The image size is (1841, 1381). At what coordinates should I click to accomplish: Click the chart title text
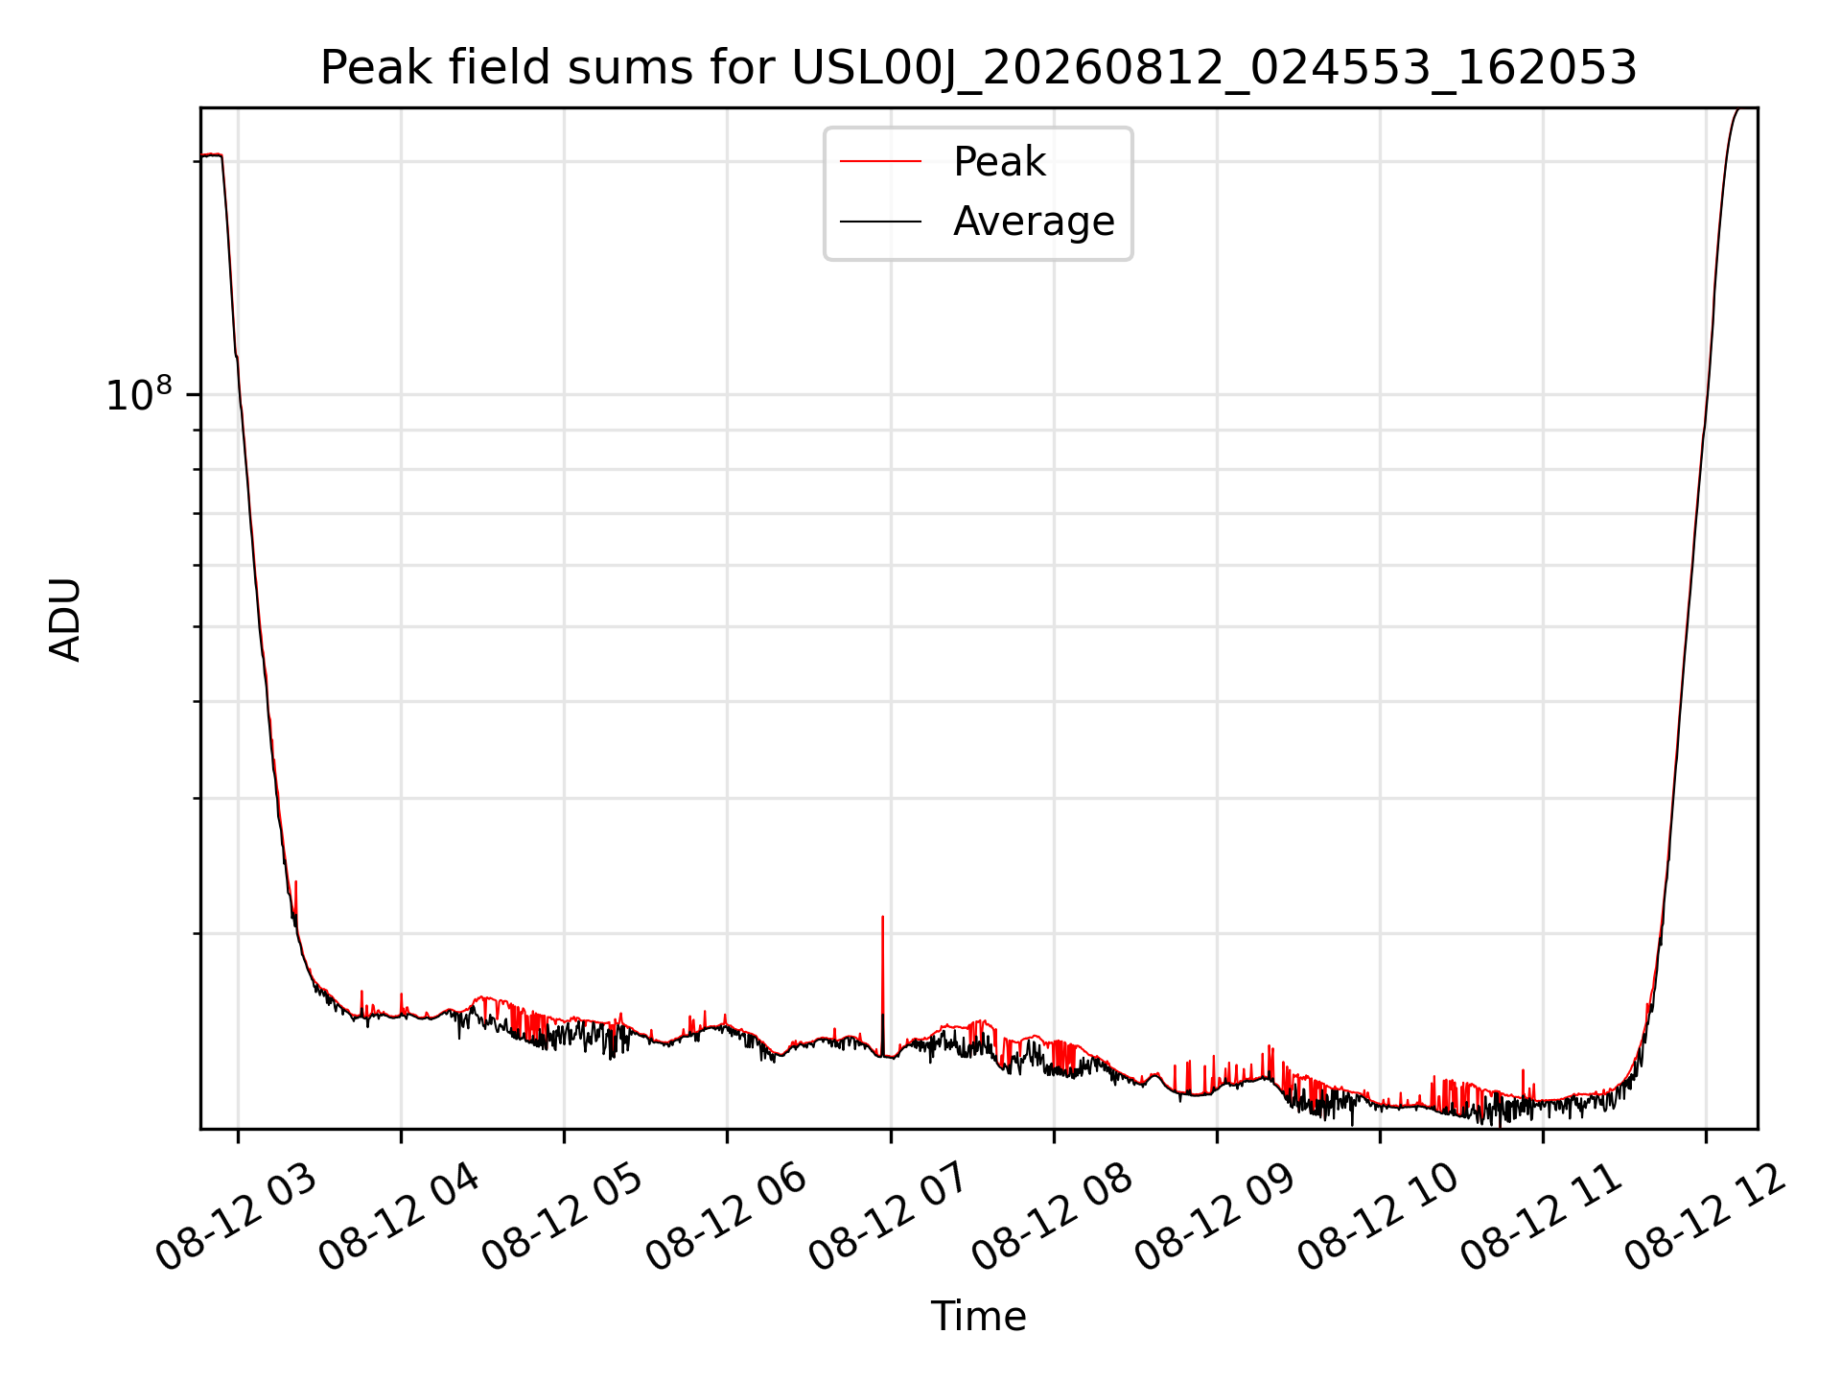[978, 68]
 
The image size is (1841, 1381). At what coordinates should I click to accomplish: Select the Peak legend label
[999, 162]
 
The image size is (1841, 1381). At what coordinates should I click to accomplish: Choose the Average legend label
[1034, 222]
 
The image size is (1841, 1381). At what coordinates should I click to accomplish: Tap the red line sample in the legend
[880, 162]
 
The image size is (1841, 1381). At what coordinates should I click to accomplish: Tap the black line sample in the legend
[880, 222]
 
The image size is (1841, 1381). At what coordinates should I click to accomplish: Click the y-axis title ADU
[65, 619]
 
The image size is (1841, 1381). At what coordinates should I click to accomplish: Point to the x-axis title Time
[978, 1317]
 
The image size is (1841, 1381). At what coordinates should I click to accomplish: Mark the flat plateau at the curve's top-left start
[211, 155]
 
